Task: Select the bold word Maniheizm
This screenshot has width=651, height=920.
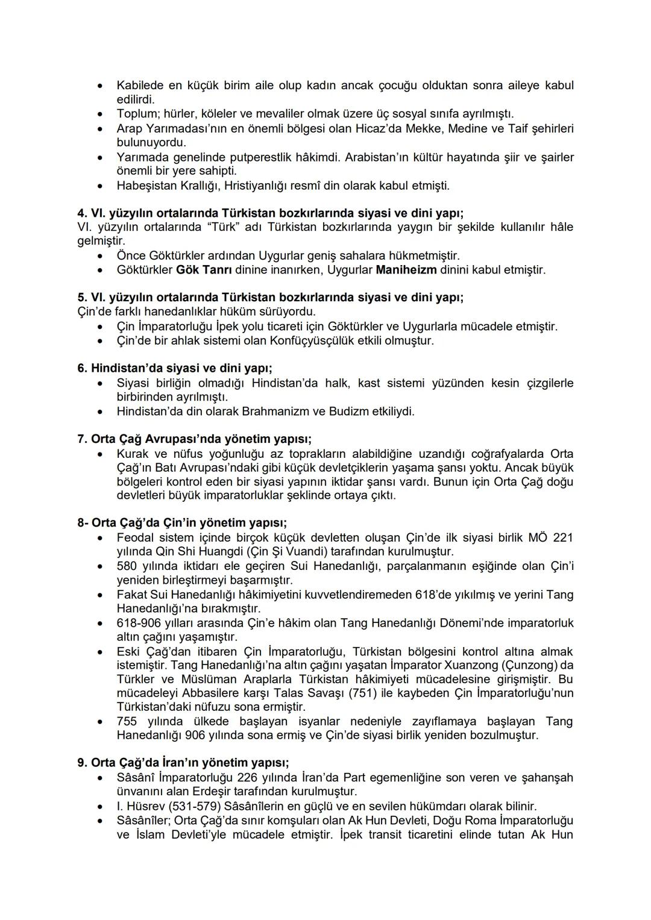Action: tap(406, 270)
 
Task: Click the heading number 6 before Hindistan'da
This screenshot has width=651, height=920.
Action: tap(81, 368)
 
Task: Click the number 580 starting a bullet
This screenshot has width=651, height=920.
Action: tap(128, 566)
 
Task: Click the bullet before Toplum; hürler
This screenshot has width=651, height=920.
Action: tap(101, 114)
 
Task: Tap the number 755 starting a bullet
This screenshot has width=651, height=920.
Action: tap(128, 721)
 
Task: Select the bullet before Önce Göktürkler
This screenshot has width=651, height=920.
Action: tap(101, 256)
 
